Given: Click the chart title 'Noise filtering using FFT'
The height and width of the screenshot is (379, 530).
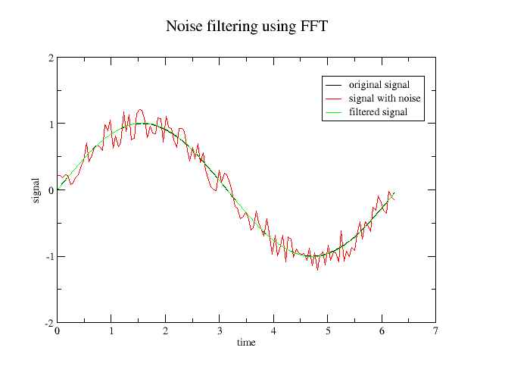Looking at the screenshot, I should tap(247, 27).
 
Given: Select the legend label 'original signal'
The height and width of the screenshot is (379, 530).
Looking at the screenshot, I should tap(379, 84).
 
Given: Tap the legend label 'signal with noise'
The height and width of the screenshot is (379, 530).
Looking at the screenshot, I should tap(385, 99).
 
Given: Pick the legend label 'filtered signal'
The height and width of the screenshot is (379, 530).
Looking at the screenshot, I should tap(379, 112).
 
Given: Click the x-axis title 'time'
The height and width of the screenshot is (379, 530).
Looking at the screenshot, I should tap(246, 343).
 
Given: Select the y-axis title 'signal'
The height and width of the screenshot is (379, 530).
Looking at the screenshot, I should tap(36, 189).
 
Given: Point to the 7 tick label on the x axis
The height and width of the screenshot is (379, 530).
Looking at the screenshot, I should tap(435, 331).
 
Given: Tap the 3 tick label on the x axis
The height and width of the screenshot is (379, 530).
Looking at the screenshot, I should tap(220, 331).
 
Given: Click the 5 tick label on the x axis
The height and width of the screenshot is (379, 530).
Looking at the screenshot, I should tap(328, 331).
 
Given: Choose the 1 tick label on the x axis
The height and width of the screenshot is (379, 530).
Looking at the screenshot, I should tap(111, 331).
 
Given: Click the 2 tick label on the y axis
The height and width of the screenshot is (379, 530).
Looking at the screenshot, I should tap(50, 58).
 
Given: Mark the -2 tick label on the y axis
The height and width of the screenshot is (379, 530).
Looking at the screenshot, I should tap(48, 323).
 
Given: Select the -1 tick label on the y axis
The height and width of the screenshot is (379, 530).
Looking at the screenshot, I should tap(48, 256).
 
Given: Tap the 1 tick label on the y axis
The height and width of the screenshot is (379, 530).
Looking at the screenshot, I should tap(50, 124).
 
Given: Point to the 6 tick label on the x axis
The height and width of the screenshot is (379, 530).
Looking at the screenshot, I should tap(382, 331).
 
